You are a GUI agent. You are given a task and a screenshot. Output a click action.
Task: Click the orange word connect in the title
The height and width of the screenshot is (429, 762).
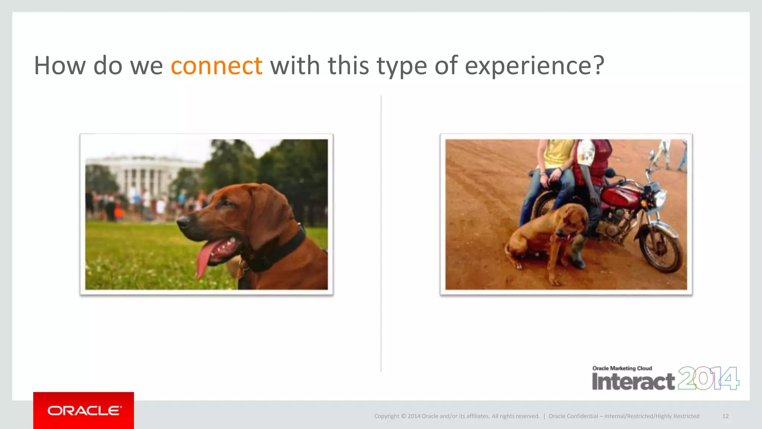[217, 66]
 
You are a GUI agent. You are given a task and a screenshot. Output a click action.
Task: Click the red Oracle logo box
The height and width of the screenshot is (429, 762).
[83, 410]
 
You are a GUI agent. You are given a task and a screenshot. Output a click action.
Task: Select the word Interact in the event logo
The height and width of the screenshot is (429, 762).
[633, 382]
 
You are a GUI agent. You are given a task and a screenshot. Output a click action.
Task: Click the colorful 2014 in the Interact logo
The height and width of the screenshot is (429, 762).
[708, 378]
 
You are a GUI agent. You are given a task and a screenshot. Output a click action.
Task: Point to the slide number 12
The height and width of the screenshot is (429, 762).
[725, 416]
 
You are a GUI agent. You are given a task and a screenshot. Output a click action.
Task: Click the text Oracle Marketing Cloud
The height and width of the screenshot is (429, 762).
[622, 368]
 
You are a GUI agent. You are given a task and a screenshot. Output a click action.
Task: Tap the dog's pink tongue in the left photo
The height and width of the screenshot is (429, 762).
[204, 259]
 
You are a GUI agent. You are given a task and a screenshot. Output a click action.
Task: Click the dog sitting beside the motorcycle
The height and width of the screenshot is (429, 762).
[547, 238]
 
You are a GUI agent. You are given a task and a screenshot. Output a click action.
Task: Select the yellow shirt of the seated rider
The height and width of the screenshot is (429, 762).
[557, 153]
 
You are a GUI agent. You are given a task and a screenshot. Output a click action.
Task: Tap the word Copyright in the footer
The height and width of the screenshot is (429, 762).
[387, 416]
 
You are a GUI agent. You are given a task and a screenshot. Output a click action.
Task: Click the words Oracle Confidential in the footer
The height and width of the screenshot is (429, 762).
[573, 416]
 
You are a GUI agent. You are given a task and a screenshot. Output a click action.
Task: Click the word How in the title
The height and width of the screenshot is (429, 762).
[60, 66]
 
